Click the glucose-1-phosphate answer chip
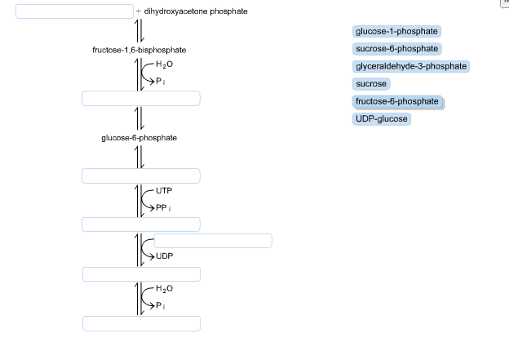coord(397,31)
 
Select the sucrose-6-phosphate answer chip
coord(397,49)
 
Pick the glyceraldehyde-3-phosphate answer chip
coord(411,66)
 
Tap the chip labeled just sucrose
coord(371,84)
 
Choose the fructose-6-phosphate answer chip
coord(397,101)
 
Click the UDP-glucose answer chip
coord(381,119)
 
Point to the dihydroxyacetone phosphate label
coord(196,11)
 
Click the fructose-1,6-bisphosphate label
coord(139,51)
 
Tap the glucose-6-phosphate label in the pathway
coord(139,138)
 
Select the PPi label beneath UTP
coord(163,207)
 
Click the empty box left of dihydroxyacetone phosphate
coord(74,11)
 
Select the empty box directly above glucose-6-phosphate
coord(141,99)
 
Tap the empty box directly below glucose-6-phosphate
coord(141,176)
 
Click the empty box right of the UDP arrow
coord(213,240)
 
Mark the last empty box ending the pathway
coord(141,324)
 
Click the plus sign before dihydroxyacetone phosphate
coord(139,11)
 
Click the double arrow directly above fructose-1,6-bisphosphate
coord(139,31)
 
